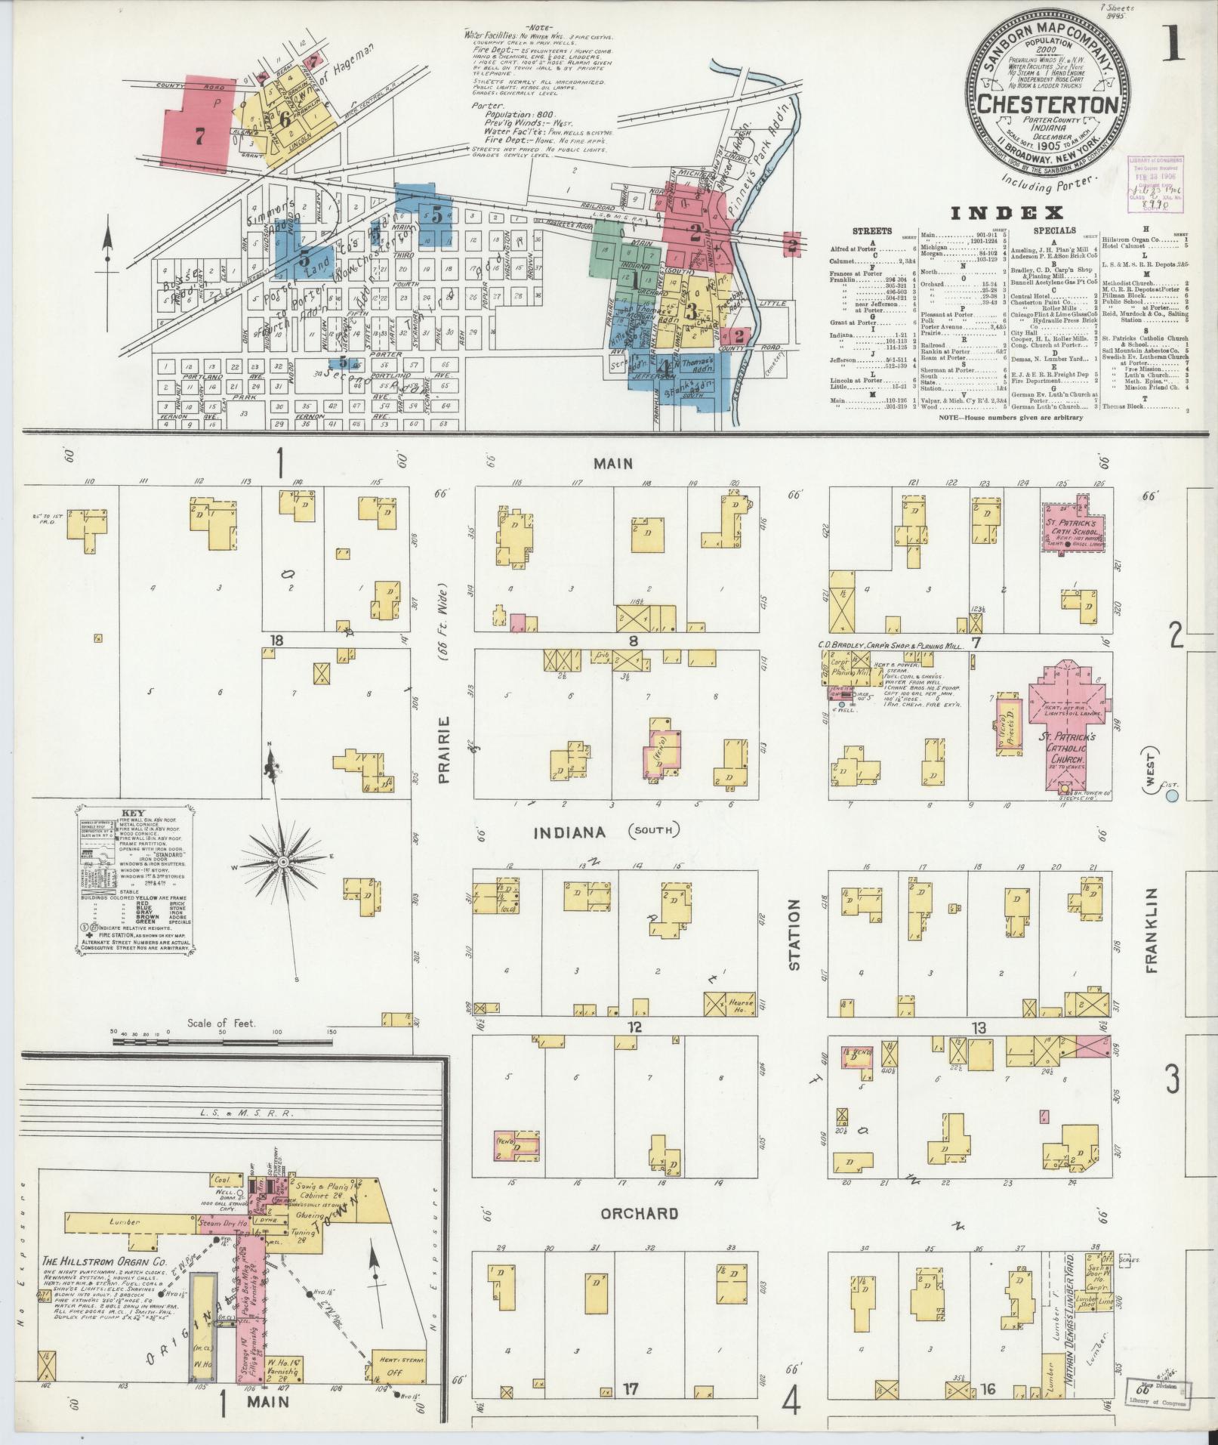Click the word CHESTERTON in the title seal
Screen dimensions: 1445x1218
coord(1050,103)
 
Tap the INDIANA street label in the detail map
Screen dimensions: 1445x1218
coord(570,832)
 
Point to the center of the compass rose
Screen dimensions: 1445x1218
coord(283,862)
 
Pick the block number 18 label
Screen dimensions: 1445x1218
coord(276,641)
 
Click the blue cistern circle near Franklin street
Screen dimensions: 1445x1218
coord(1172,795)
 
